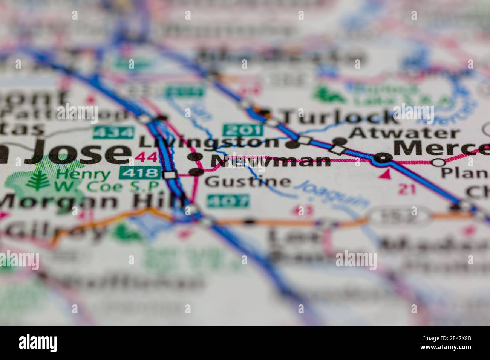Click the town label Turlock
[339, 117]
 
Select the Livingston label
[209, 142]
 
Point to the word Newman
[270, 161]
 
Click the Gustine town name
[248, 182]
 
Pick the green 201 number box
[242, 130]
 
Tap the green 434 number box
[114, 132]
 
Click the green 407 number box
[228, 200]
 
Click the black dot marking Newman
[195, 157]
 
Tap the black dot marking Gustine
[196, 172]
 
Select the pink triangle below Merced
[385, 174]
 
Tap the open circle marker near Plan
[437, 162]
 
